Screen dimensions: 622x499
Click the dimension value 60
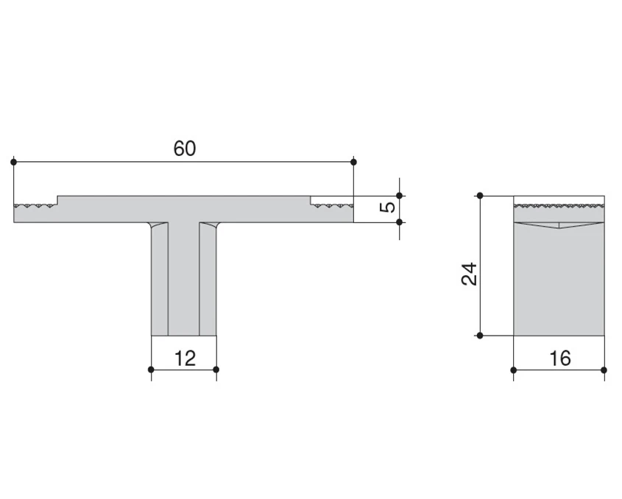point(185,149)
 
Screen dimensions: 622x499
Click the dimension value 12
point(185,358)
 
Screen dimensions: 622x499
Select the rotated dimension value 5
point(388,207)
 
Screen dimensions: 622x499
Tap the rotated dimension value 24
point(470,274)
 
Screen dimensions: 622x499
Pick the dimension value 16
point(560,358)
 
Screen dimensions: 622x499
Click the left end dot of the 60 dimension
point(13,162)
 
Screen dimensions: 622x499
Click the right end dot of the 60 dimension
point(353,162)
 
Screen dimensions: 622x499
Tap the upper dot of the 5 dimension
point(400,196)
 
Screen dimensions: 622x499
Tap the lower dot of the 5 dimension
point(400,222)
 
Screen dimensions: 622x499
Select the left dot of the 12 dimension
point(151,369)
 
